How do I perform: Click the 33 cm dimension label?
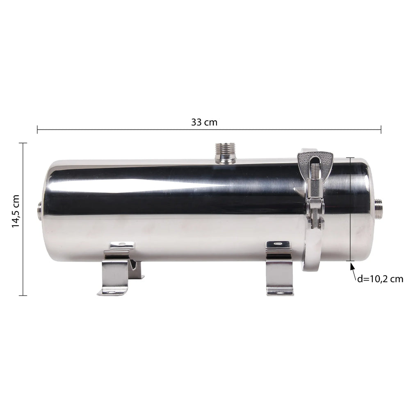tap(204, 122)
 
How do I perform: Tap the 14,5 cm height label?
tap(16, 211)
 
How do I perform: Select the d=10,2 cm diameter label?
tap(380, 279)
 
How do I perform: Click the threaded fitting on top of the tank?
tap(226, 153)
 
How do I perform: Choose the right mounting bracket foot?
tap(279, 268)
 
